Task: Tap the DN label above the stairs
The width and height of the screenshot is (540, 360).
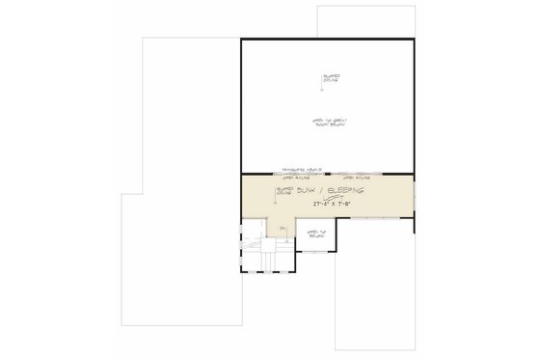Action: [x=282, y=228]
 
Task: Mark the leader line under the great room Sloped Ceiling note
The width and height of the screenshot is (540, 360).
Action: [x=326, y=89]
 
